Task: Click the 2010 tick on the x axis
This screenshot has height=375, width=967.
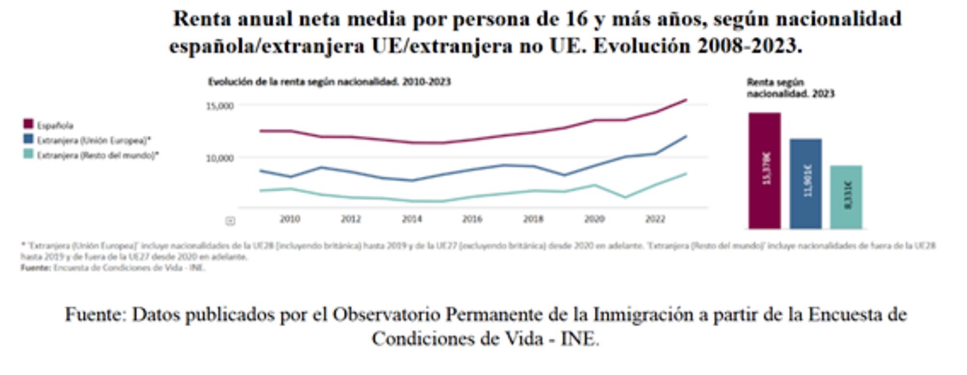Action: click(x=290, y=219)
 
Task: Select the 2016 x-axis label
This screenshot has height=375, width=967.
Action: click(x=472, y=219)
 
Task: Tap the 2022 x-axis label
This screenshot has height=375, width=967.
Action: click(x=655, y=219)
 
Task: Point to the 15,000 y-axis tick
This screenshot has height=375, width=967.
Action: click(x=220, y=106)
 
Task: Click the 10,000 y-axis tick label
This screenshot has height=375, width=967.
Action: click(x=220, y=158)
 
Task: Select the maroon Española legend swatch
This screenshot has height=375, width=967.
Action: click(x=29, y=125)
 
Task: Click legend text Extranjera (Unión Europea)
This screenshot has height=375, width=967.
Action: click(x=94, y=141)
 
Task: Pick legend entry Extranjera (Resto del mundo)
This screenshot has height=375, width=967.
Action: click(x=98, y=156)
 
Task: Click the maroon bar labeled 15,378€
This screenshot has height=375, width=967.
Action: click(x=764, y=170)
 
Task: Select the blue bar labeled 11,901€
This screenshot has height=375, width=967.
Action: click(x=806, y=184)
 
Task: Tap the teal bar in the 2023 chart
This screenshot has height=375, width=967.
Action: click(x=846, y=197)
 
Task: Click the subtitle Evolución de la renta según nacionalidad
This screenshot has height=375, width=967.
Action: click(x=329, y=82)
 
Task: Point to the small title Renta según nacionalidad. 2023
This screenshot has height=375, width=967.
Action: click(x=790, y=88)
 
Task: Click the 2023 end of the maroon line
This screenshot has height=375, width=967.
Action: click(x=686, y=100)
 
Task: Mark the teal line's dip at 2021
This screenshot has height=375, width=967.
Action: click(x=625, y=197)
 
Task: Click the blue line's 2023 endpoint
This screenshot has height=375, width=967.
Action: click(x=686, y=136)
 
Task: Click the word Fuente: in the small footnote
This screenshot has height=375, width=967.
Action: click(x=35, y=268)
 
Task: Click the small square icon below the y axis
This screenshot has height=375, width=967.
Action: click(x=231, y=221)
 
